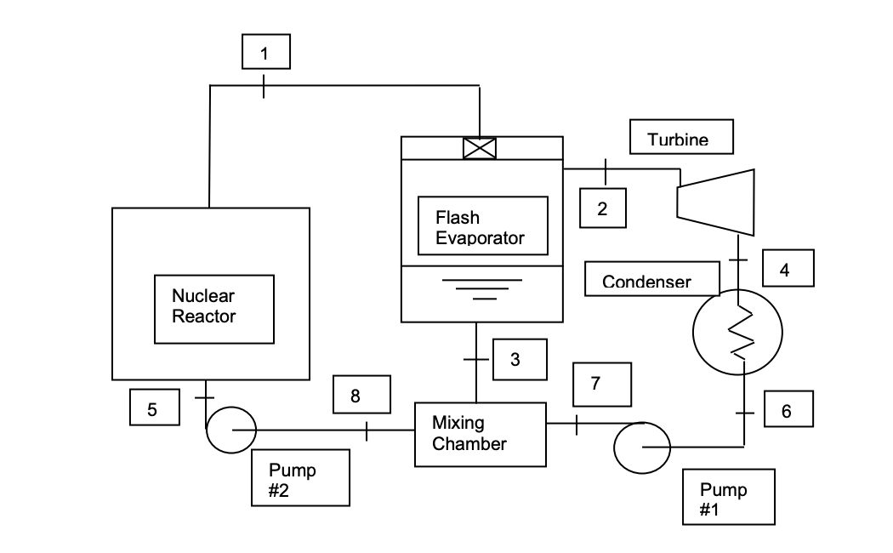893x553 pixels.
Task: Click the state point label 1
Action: (x=265, y=52)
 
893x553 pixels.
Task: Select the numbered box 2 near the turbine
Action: (x=602, y=208)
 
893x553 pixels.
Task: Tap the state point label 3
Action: (x=515, y=359)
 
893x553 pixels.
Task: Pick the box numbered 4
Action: (x=783, y=268)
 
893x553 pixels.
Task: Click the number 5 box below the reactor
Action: (x=154, y=408)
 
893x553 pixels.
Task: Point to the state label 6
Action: (x=785, y=409)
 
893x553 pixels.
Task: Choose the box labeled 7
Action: (x=602, y=384)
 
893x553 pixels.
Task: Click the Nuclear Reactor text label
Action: (x=213, y=308)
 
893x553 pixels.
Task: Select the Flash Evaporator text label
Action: (x=482, y=226)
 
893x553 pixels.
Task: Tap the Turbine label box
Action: (x=681, y=138)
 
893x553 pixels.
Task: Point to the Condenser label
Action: (x=651, y=280)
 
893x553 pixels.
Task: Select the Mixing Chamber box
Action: (x=480, y=434)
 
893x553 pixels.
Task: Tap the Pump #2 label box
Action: (x=300, y=477)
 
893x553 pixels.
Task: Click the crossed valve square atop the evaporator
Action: (x=480, y=148)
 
